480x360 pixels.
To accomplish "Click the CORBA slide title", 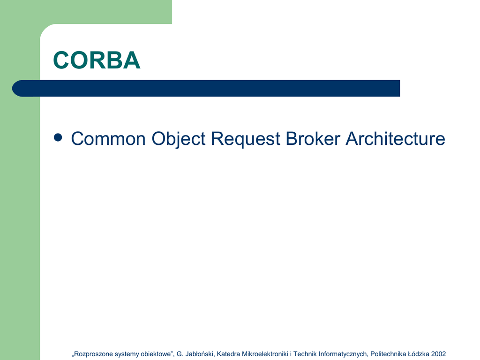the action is tap(97, 60).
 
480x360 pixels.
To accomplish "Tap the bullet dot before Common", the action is tap(58, 137).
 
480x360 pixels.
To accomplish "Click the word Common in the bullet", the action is tap(108, 139).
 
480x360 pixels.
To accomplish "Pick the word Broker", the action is tap(313, 139).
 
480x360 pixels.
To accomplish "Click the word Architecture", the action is tap(396, 139).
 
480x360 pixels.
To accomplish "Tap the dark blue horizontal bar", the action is tap(206, 89).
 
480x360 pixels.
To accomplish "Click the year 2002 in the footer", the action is tap(438, 354).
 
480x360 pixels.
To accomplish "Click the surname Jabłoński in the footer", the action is tap(200, 354).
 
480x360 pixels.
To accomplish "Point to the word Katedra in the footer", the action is tap(228, 354).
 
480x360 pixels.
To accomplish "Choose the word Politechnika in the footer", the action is tap(388, 354).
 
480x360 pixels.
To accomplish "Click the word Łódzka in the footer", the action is tap(419, 354).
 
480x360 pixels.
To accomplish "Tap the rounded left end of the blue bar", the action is tap(15, 89).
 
